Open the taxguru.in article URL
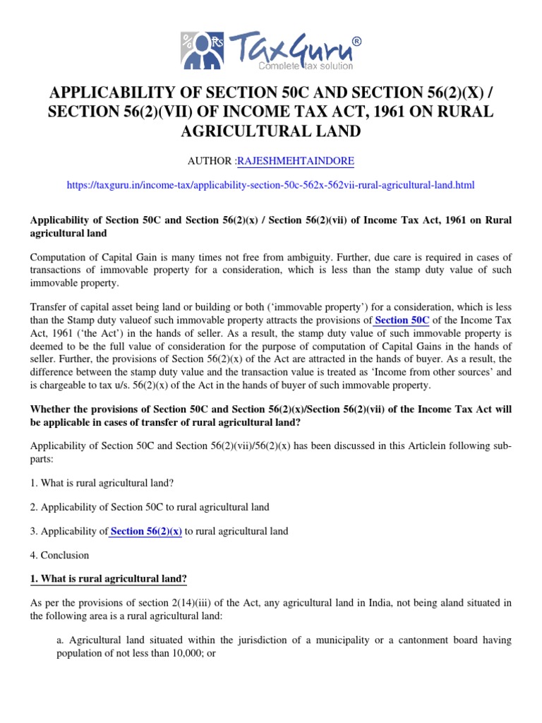click(x=270, y=185)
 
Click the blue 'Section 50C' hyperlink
click(x=402, y=320)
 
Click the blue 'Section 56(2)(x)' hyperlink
click(x=146, y=531)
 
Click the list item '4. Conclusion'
click(x=60, y=555)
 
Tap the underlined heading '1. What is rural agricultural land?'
click(x=108, y=579)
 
